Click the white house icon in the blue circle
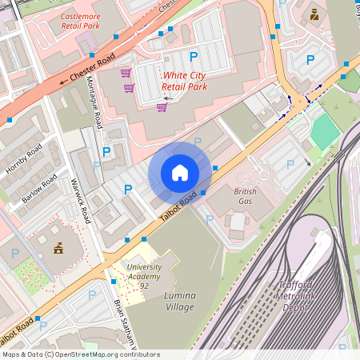[x=180, y=173]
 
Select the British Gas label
[x=246, y=197]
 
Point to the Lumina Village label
[x=180, y=300]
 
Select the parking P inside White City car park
[x=194, y=57]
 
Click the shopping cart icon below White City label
[x=162, y=106]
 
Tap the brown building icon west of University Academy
[x=58, y=249]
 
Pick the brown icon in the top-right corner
[x=314, y=14]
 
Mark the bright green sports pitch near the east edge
[x=325, y=132]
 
